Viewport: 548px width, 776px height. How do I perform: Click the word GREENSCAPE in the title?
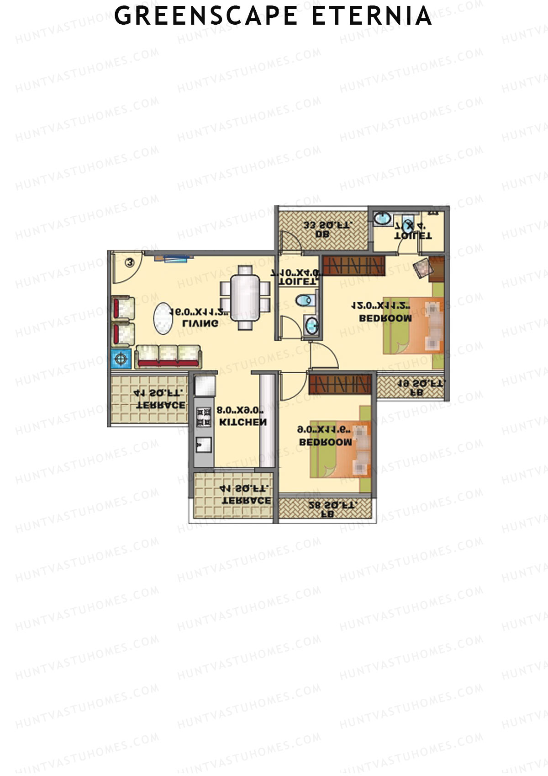pos(205,16)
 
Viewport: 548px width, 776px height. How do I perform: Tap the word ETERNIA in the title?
pos(372,16)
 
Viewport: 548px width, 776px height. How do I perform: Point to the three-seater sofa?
pos(169,356)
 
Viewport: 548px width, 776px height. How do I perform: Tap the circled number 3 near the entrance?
pos(130,262)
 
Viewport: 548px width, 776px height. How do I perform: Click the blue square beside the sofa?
pos(121,359)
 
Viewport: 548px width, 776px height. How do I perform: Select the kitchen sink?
pos(204,444)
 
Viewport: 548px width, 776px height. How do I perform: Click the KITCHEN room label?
pos(242,422)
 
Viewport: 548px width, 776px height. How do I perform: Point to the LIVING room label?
pos(200,323)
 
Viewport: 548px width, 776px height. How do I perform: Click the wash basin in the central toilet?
pos(311,325)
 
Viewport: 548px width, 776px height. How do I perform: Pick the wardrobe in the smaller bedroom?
pos(339,384)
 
